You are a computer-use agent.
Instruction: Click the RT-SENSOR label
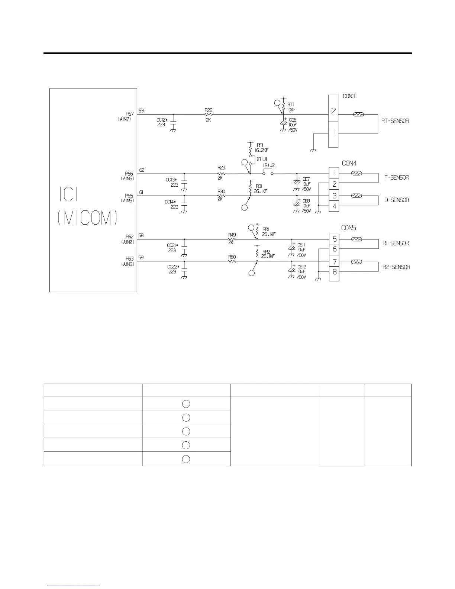pyautogui.click(x=395, y=121)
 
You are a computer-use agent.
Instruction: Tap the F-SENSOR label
pyautogui.click(x=396, y=178)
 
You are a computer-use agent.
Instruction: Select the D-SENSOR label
pyautogui.click(x=396, y=200)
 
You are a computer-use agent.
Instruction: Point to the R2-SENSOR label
pyautogui.click(x=396, y=267)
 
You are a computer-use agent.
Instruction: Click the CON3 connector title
pyautogui.click(x=349, y=96)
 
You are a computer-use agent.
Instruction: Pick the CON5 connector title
pyautogui.click(x=349, y=228)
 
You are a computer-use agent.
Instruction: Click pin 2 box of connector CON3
pyautogui.click(x=333, y=111)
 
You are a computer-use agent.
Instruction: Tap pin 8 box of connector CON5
pyautogui.click(x=334, y=272)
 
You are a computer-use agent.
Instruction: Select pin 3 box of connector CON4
pyautogui.click(x=334, y=196)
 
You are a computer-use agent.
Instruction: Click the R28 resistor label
pyautogui.click(x=209, y=110)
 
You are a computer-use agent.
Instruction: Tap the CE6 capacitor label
pyautogui.click(x=293, y=120)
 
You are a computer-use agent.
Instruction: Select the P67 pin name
pyautogui.click(x=129, y=114)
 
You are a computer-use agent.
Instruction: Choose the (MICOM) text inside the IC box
pyautogui.click(x=88, y=218)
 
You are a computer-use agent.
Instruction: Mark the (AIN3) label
pyautogui.click(x=128, y=264)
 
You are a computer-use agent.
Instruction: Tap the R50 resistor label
pyautogui.click(x=232, y=257)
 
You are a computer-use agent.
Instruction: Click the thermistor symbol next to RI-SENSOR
pyautogui.click(x=356, y=239)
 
